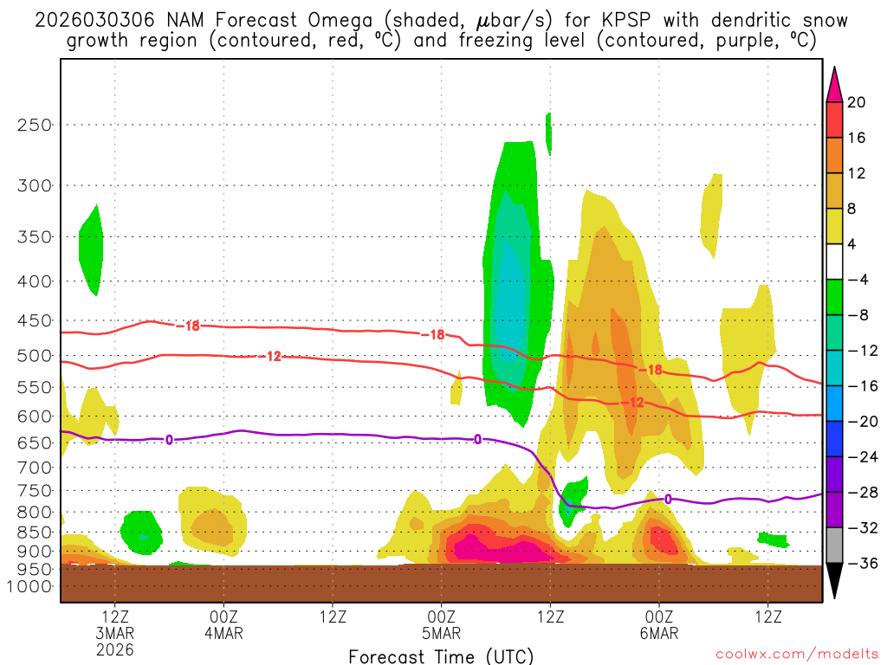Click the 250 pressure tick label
tap(35, 125)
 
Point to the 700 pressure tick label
tap(35, 468)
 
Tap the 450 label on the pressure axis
tap(35, 321)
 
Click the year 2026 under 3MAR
tap(115, 649)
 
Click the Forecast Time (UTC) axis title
tap(441, 656)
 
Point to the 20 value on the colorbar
tap(857, 102)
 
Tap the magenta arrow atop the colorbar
tap(835, 83)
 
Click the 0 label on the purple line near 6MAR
tap(668, 499)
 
